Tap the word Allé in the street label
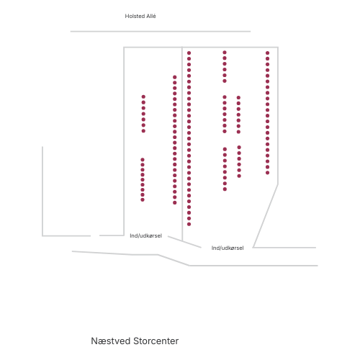pyautogui.click(x=151, y=16)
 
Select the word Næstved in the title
pyautogui.click(x=111, y=341)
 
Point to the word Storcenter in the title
pyautogui.click(x=156, y=341)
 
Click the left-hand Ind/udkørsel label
pyautogui.click(x=145, y=235)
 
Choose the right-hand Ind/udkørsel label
pyautogui.click(x=228, y=248)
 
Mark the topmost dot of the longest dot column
pyautogui.click(x=189, y=53)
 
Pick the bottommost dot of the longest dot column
pyautogui.click(x=189, y=224)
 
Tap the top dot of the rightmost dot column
pyautogui.click(x=268, y=53)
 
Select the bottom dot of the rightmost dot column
pyautogui.click(x=268, y=173)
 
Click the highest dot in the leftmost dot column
pyautogui.click(x=143, y=96)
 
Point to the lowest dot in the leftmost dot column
pyautogui.click(x=143, y=200)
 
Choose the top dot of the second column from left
pyautogui.click(x=175, y=77)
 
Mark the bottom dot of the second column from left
pyautogui.click(x=175, y=203)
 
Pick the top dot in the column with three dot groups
pyautogui.click(x=225, y=53)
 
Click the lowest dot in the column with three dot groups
pyautogui.click(x=225, y=189)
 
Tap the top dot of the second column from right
pyautogui.click(x=238, y=98)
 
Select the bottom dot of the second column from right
pyautogui.click(x=239, y=176)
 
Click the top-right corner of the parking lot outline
pyautogui.click(x=278, y=48)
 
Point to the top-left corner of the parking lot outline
pyautogui.click(x=124, y=48)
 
